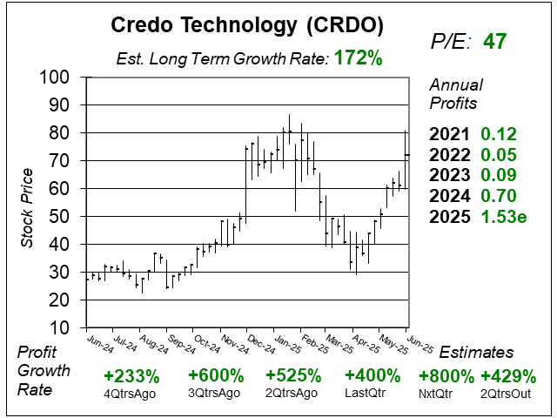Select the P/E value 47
click(494, 41)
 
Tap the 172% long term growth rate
click(359, 60)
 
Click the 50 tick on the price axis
click(65, 216)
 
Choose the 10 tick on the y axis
click(65, 327)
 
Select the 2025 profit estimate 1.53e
click(504, 215)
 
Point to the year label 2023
click(450, 174)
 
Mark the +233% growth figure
click(131, 376)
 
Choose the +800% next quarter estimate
click(446, 376)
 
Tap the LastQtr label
click(372, 394)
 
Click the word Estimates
click(476, 352)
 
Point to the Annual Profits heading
click(453, 95)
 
